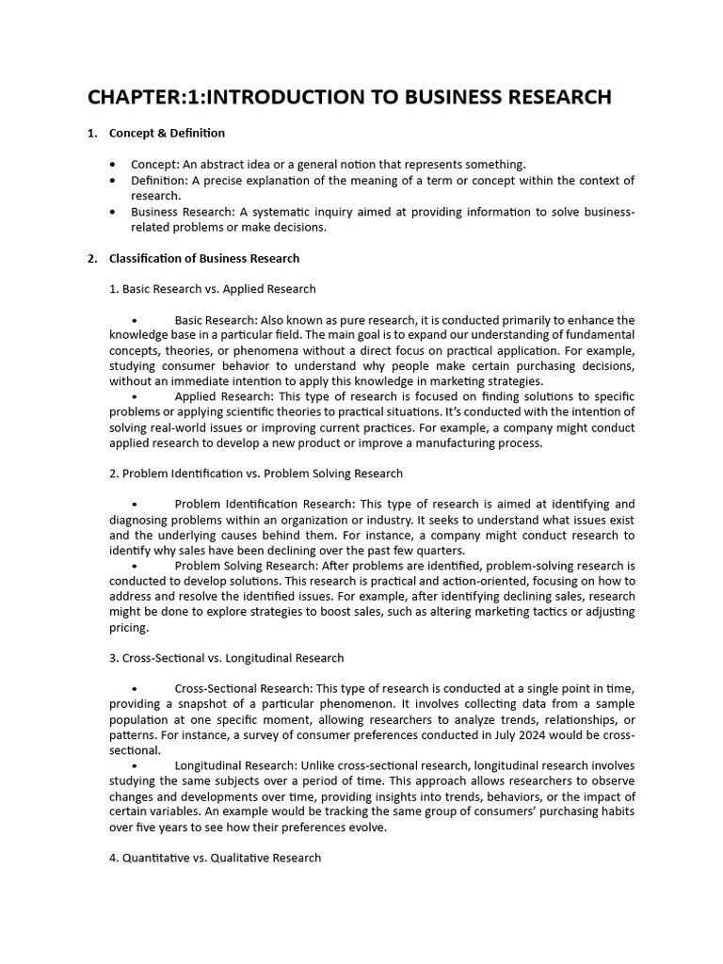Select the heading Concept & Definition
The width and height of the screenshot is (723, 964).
[167, 133]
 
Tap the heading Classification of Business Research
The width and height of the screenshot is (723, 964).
[204, 258]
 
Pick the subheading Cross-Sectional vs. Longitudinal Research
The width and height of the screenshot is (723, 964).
[227, 658]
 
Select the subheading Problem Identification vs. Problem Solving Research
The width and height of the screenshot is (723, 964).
[256, 474]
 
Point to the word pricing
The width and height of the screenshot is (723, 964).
[128, 627]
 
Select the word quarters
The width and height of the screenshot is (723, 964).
[440, 550]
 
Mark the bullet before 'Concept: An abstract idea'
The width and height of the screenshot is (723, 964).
[114, 164]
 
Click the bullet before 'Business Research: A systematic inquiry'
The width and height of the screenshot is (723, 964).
[114, 212]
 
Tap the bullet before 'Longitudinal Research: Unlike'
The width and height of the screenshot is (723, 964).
[136, 765]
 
